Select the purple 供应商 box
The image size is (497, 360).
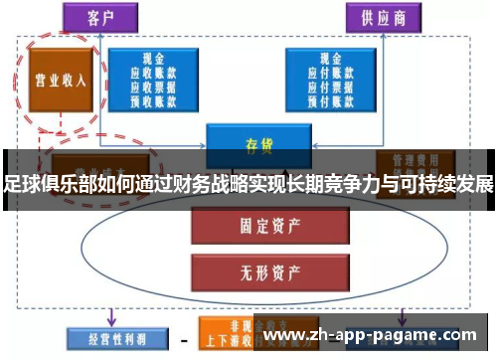tap(382, 17)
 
